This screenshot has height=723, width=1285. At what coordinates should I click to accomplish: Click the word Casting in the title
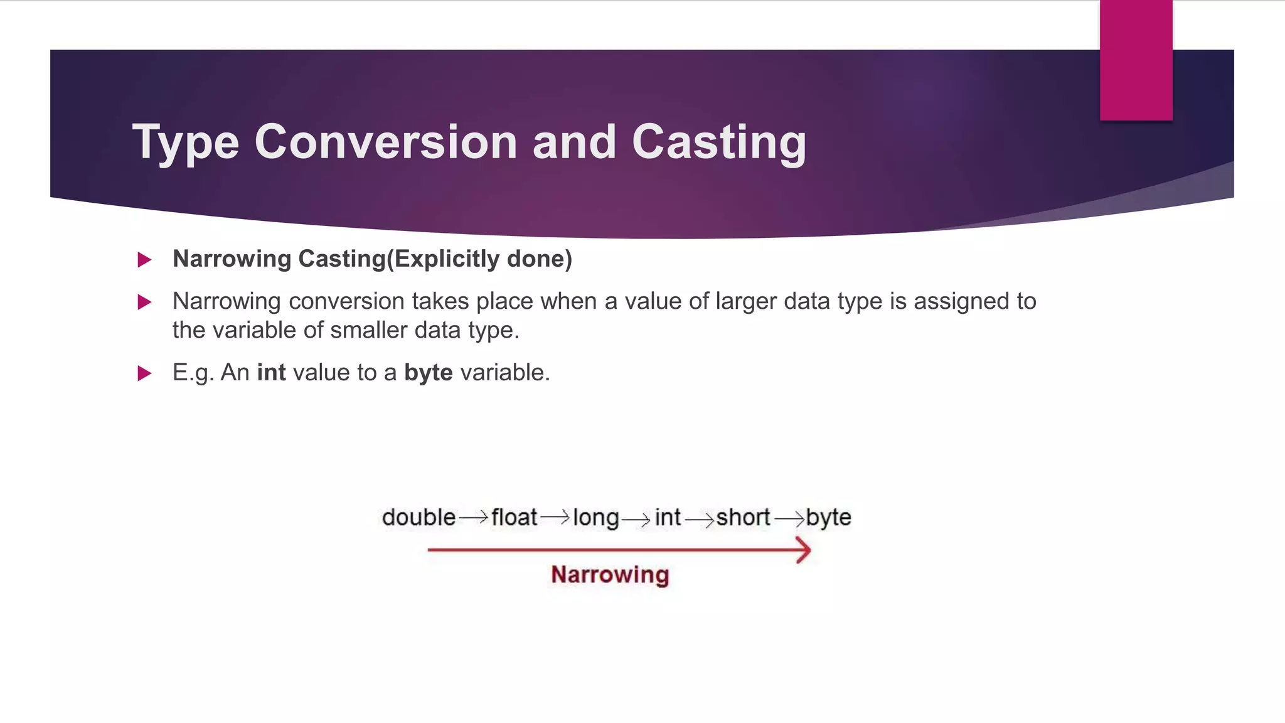coord(718,142)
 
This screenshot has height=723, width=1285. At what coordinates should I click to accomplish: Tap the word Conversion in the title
coord(385,142)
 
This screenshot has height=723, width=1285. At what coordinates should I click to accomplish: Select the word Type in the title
coord(186,142)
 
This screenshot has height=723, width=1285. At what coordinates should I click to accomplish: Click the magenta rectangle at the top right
coord(1136,60)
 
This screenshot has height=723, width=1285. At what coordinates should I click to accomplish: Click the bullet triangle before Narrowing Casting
coord(144,260)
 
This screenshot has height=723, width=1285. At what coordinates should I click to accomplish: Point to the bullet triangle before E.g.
coord(144,374)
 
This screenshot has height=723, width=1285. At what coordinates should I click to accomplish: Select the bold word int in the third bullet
coord(271,373)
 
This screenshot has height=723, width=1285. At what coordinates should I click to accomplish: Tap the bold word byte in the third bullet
coord(428,373)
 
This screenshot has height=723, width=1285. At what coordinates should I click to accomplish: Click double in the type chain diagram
coord(419,518)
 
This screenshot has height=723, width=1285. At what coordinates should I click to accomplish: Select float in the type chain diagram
coord(514,518)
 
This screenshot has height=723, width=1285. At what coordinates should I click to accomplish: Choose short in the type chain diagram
coord(743,518)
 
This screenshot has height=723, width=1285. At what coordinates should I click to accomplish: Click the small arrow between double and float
coord(473,518)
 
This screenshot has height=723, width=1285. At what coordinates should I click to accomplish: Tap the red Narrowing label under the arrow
coord(610,575)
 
